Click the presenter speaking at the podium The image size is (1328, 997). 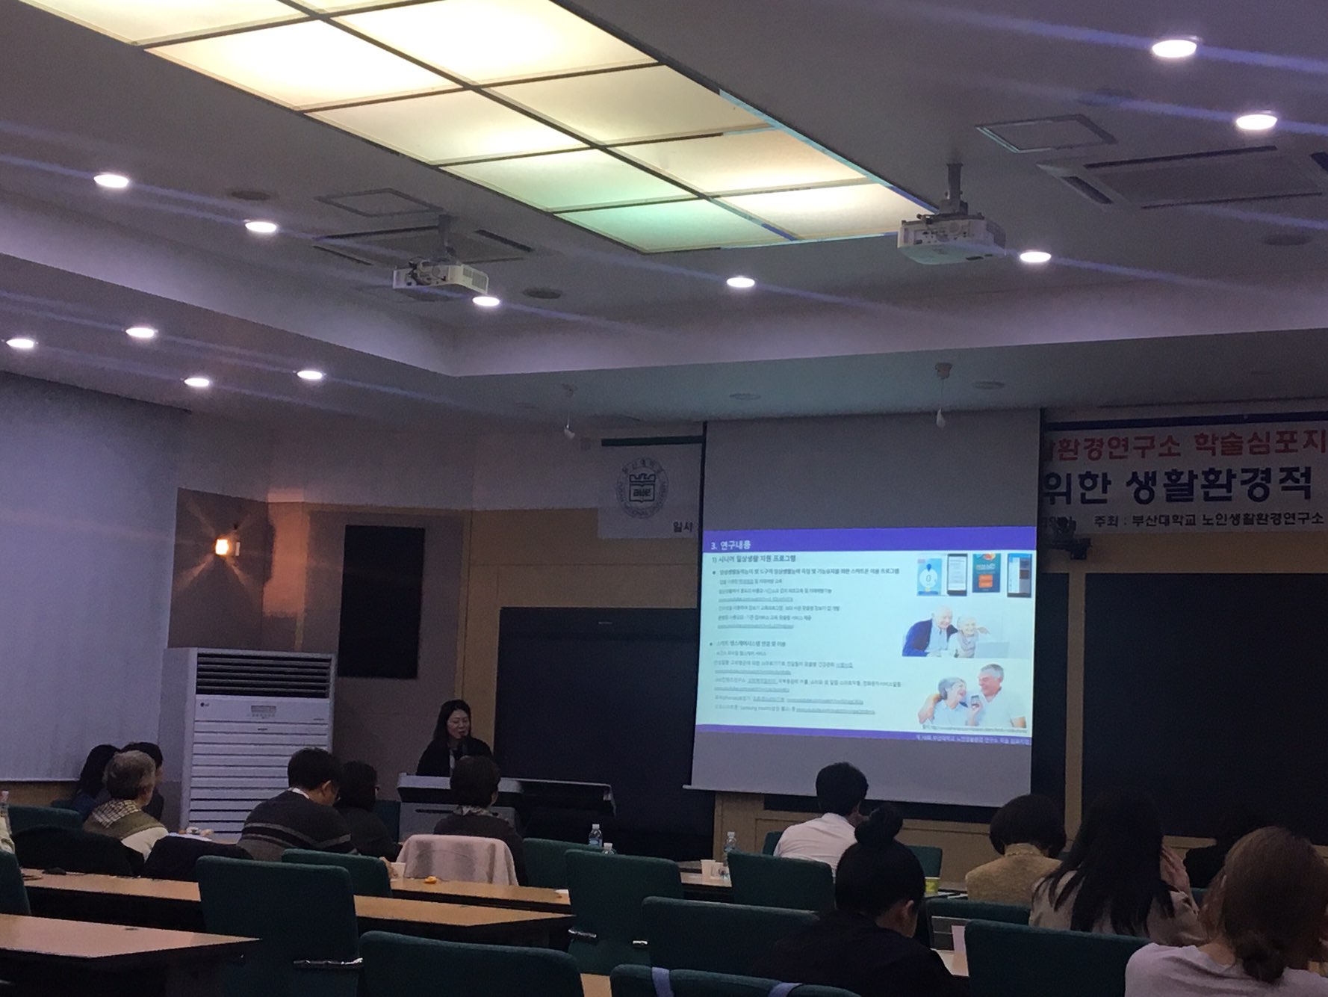pos(452,740)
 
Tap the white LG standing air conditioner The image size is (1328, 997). pos(247,736)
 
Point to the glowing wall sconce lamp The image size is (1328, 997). pos(223,546)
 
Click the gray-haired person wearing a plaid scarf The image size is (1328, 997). pos(125,800)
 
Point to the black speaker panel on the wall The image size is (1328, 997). pos(381,602)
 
